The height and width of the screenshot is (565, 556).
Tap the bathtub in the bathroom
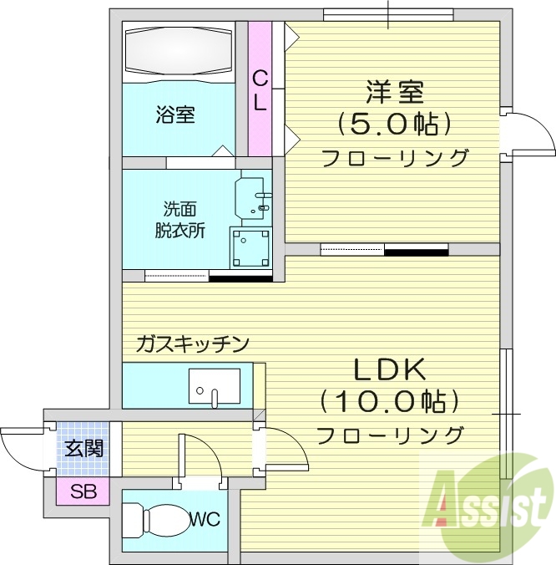[177, 53]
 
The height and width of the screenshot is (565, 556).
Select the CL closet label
[260, 90]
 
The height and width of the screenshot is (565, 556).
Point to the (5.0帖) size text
[395, 125]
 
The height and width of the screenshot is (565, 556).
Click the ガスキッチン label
[193, 343]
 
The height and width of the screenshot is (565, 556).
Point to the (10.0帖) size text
[390, 402]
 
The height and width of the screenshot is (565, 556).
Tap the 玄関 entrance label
[85, 448]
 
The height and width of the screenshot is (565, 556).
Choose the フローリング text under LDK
[390, 435]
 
